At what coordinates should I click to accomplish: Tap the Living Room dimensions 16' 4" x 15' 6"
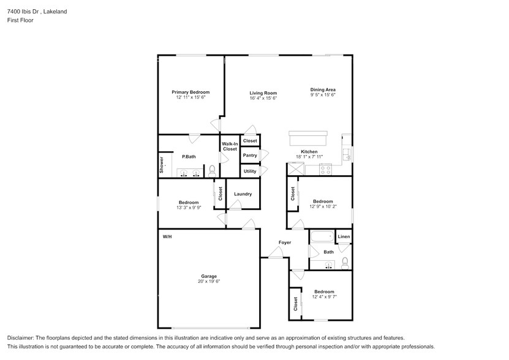[263, 98]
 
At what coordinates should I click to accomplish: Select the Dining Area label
[323, 90]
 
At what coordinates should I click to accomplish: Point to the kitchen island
[308, 138]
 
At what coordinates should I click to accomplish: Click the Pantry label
[250, 156]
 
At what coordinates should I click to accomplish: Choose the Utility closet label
[250, 171]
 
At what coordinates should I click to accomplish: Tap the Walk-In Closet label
[230, 146]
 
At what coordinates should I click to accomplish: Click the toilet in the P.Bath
[213, 170]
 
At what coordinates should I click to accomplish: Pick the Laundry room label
[243, 194]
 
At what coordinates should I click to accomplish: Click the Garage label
[209, 276]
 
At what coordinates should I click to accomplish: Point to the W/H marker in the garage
[167, 236]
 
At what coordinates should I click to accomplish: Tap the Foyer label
[285, 242]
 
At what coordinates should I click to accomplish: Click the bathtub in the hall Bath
[322, 238]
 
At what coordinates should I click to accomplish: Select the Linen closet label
[344, 236]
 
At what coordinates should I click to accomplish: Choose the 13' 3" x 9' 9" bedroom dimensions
[189, 208]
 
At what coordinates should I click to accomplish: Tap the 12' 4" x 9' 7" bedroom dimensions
[324, 297]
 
